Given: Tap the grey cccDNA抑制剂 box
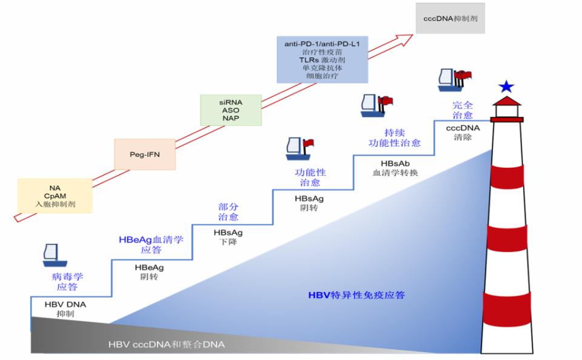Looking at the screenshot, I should click(x=450, y=18).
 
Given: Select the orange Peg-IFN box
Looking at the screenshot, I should click(x=144, y=154).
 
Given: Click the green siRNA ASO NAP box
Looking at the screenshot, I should click(x=230, y=110).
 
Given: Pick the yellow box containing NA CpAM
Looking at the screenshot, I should click(x=55, y=196).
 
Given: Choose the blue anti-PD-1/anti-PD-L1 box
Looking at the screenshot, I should click(x=322, y=59).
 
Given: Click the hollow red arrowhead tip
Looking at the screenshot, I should click(x=407, y=38).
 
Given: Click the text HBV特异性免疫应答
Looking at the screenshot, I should click(x=356, y=296).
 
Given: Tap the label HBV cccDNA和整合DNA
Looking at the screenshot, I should click(x=166, y=345).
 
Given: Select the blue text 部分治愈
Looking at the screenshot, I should click(x=229, y=212).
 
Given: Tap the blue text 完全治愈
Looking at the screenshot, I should click(x=463, y=110).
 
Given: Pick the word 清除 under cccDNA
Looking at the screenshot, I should click(x=463, y=137).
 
